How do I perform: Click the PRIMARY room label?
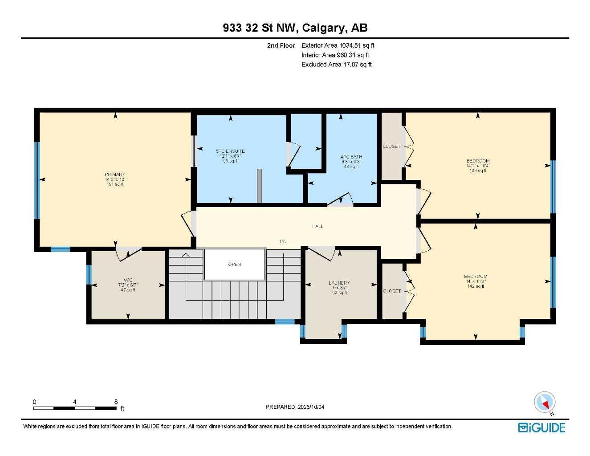[x=115, y=175]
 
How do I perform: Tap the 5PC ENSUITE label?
[x=230, y=151]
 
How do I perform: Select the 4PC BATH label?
[x=351, y=157]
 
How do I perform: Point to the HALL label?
[x=317, y=226]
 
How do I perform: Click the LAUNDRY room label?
[x=339, y=283]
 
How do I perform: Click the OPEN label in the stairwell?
[x=234, y=265]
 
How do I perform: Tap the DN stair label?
[x=283, y=242]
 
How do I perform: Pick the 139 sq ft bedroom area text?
[x=478, y=171]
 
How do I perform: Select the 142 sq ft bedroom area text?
[x=476, y=286]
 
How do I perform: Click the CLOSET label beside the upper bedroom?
[x=391, y=147]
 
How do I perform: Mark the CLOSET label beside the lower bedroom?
[x=392, y=291]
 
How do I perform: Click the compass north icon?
[x=545, y=403]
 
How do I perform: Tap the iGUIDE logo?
[x=541, y=428]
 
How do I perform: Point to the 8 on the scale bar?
[x=116, y=402]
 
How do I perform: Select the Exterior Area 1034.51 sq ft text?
[x=338, y=45]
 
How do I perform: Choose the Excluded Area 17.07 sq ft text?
[x=336, y=65]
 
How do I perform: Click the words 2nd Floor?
[x=281, y=45]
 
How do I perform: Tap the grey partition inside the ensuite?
[x=259, y=186]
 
